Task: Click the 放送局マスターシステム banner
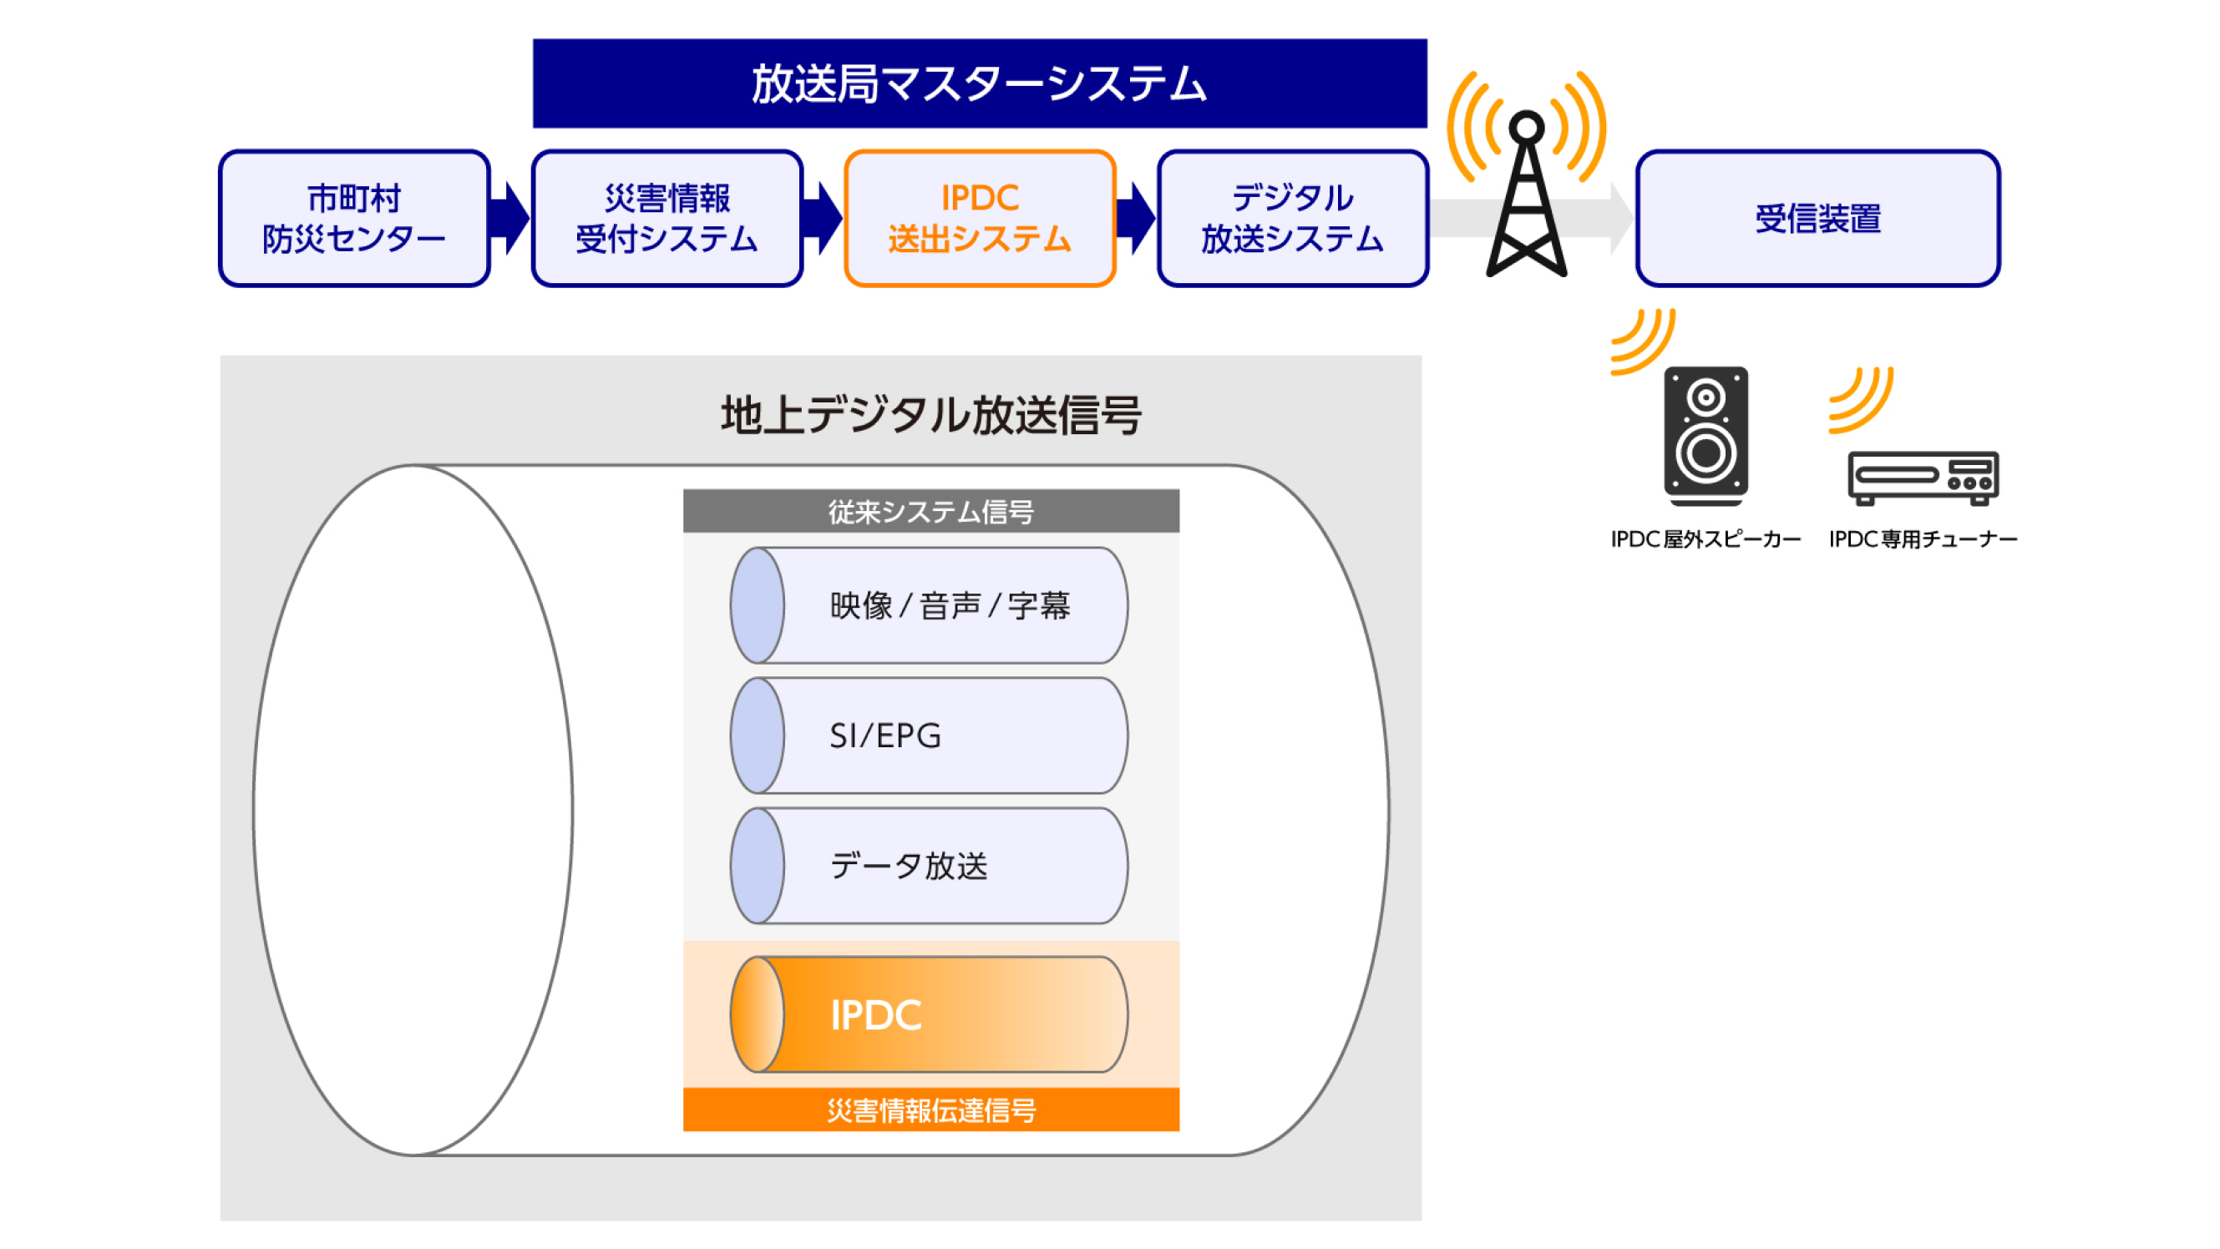point(979,83)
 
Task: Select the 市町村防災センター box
point(354,218)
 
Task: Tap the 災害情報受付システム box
point(667,218)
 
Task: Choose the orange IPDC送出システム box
point(980,218)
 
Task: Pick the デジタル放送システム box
point(1292,218)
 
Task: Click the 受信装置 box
point(1817,218)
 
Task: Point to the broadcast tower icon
point(1526,198)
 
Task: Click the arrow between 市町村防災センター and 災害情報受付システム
point(510,218)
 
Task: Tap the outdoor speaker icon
point(1706,435)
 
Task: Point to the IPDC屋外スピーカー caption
point(1706,539)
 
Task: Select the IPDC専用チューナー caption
point(1923,539)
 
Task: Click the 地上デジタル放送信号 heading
point(930,415)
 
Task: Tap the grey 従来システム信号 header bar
point(930,511)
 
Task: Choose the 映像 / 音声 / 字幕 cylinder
point(929,605)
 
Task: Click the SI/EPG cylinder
point(929,736)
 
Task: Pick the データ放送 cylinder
point(929,866)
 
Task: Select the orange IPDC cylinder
point(929,1014)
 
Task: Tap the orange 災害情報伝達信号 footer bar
point(930,1110)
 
